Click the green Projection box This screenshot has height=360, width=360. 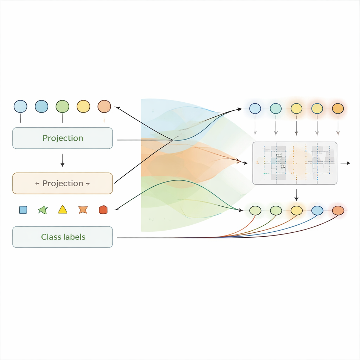63,138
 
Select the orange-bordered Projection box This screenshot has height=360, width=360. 63,183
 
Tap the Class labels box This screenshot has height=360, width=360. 63,237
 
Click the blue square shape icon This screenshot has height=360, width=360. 23,210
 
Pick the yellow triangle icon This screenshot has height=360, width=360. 62,210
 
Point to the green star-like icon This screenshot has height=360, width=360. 43,210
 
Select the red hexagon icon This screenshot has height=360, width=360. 103,210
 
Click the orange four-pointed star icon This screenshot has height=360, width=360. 83,210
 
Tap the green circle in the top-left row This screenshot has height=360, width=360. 62,106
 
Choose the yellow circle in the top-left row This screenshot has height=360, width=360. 83,106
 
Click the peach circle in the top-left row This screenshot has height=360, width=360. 104,106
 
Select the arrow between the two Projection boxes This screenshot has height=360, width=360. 62,160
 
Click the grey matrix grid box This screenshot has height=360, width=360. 295,163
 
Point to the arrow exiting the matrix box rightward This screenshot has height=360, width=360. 345,163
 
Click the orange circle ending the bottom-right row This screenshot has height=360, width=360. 338,211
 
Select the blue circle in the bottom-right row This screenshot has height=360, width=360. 317,211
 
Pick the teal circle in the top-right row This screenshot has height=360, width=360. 276,108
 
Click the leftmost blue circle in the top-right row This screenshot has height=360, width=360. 255,108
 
